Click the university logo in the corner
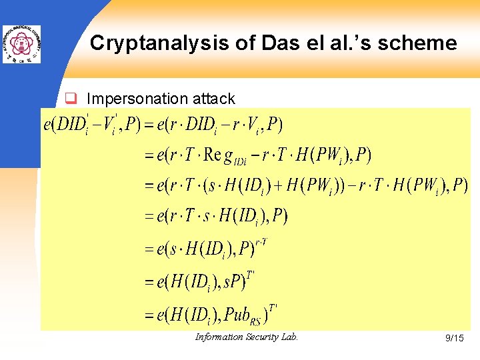click(21, 44)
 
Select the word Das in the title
click(245, 43)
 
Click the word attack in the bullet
click(213, 99)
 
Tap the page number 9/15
click(454, 339)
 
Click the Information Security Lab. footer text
click(247, 337)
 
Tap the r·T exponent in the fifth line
click(261, 242)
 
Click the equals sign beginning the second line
click(149, 156)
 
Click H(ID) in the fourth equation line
click(239, 217)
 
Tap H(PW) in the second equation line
click(321, 156)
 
